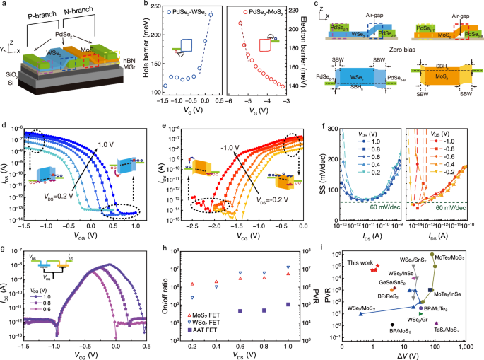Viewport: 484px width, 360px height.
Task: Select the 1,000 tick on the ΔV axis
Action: (466, 348)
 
